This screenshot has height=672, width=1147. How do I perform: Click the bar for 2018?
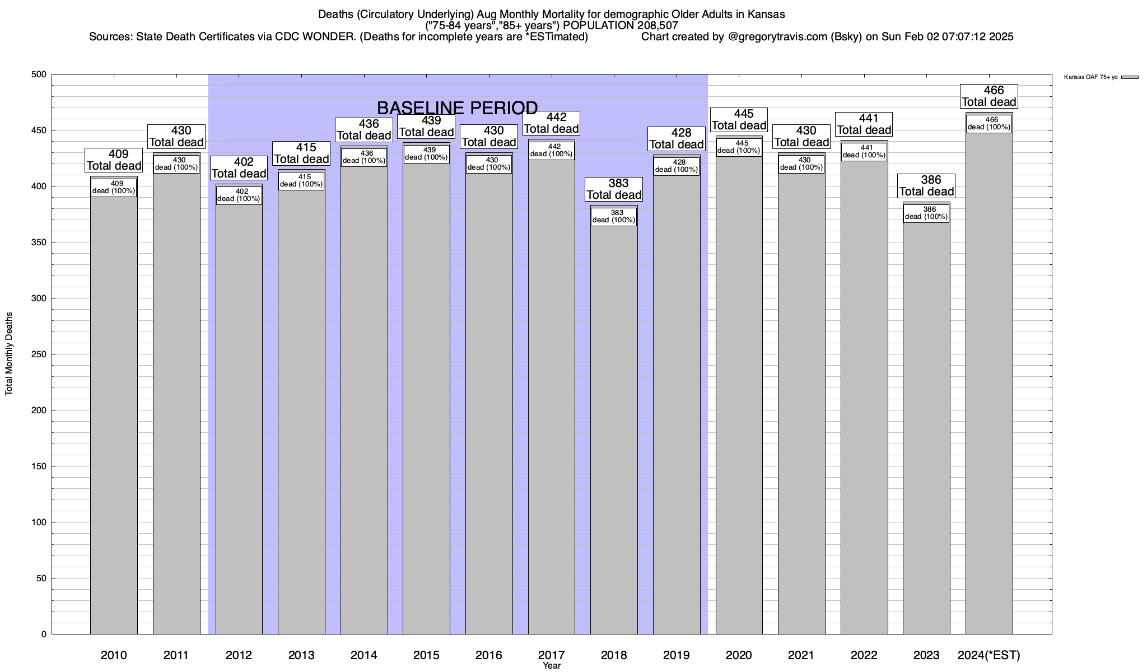[614, 426]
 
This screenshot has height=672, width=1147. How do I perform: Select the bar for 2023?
[926, 426]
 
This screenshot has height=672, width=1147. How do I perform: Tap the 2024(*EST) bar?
[989, 392]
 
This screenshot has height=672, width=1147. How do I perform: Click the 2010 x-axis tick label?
[114, 655]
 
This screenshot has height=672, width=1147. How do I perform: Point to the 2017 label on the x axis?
[552, 655]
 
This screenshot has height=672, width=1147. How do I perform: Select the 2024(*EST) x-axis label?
[989, 655]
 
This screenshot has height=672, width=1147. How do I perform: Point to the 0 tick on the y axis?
[44, 634]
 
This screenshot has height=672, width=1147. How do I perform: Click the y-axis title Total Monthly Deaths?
[9, 354]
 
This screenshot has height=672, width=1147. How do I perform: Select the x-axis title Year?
[552, 666]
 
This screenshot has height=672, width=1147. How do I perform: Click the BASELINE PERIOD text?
[457, 108]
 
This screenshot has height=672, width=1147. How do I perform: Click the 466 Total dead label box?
[989, 96]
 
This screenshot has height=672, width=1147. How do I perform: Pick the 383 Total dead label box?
[614, 189]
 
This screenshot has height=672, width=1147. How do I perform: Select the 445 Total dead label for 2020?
[739, 120]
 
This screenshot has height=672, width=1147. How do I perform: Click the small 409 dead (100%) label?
[114, 188]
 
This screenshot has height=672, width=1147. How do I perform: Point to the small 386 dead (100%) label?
[926, 213]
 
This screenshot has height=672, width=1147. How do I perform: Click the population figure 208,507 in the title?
[657, 25]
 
